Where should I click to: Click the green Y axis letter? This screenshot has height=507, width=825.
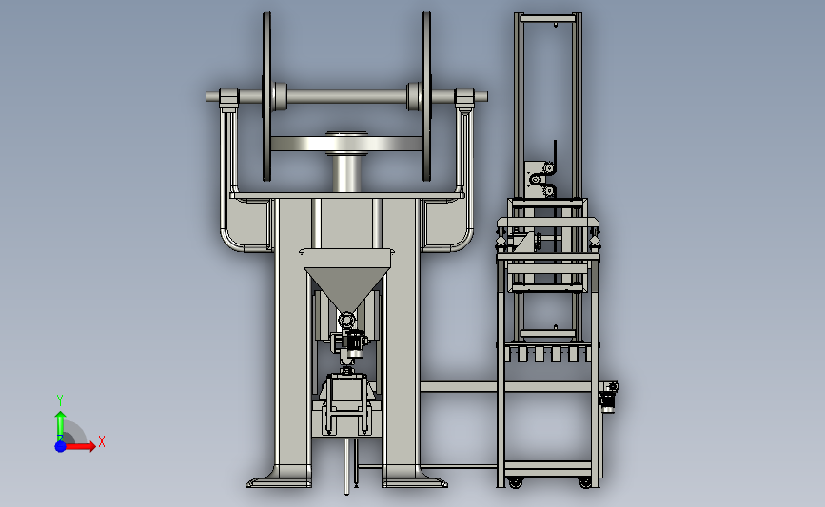point(60,400)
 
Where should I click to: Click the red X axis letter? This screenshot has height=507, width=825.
point(102,441)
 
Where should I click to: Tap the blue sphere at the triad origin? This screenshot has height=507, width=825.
point(61,446)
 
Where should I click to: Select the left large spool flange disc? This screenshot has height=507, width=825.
point(266,97)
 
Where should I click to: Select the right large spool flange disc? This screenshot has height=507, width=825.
point(426,97)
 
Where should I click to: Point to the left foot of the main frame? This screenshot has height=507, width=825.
point(278,479)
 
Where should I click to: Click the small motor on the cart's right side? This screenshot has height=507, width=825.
point(609,398)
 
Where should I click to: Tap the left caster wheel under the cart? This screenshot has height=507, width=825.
point(515,482)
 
